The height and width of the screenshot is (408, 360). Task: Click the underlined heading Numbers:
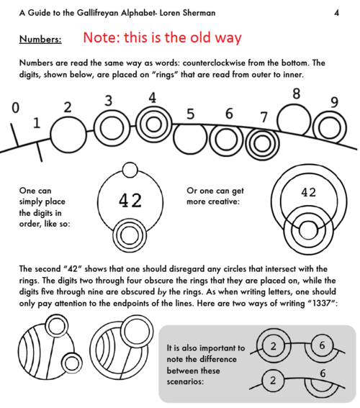tap(40, 38)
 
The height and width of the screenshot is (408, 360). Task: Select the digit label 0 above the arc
tap(15, 109)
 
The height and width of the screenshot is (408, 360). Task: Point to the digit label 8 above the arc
tap(296, 94)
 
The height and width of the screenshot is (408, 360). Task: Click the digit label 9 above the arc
tap(334, 102)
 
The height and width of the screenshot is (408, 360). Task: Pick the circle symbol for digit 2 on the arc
tap(68, 132)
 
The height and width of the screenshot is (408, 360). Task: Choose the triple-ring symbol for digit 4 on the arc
tap(152, 119)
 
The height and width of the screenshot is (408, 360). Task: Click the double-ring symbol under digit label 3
tap(110, 127)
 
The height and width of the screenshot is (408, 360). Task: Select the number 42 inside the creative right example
tap(308, 193)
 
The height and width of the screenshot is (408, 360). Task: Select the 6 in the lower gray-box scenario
tap(322, 372)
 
